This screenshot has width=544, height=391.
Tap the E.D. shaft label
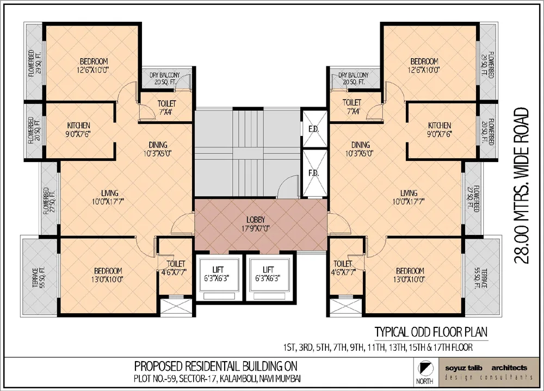313,129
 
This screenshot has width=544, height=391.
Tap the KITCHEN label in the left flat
79,125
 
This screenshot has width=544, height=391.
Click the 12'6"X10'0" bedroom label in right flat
424,70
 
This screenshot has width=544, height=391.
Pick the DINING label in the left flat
158,145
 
